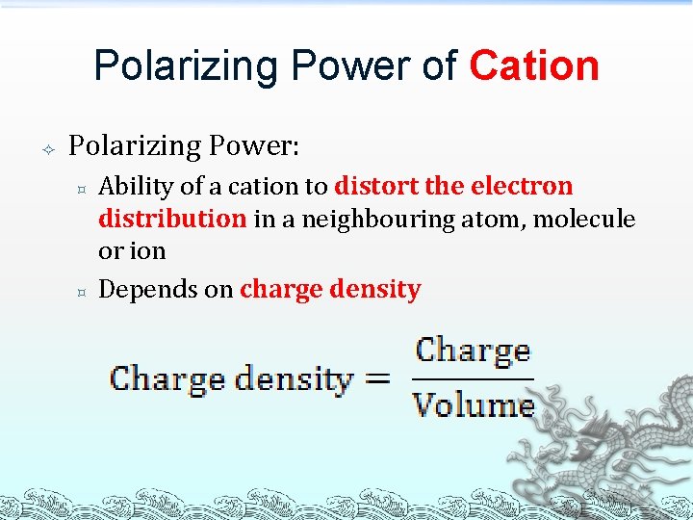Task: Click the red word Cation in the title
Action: tap(534, 65)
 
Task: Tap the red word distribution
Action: tap(172, 219)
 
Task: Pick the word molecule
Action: tap(584, 219)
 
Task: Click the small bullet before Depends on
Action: tap(82, 290)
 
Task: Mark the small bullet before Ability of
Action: tap(82, 187)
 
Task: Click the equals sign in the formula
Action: tap(378, 378)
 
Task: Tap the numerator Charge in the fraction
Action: tap(472, 351)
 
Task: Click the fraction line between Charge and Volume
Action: tap(473, 377)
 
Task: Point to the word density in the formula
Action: tap(297, 378)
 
